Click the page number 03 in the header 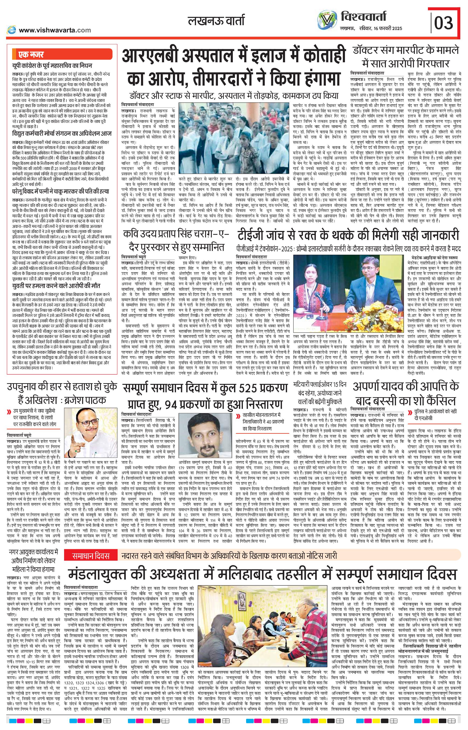click(x=443, y=22)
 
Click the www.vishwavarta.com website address click(x=55, y=30)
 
